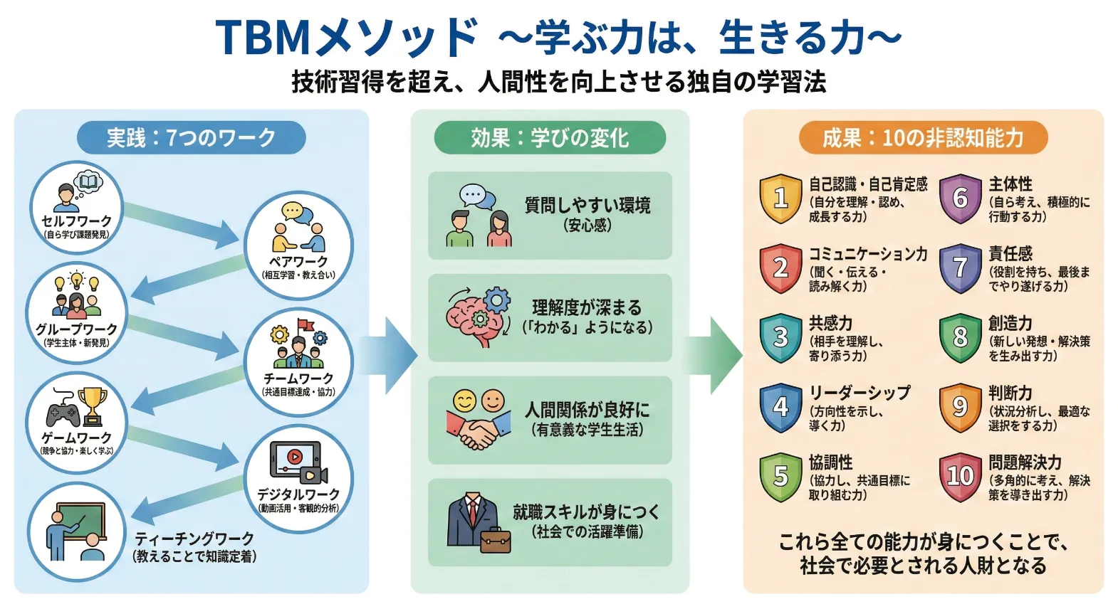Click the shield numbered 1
click(x=780, y=198)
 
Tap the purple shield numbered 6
click(x=960, y=198)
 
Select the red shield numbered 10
click(x=960, y=476)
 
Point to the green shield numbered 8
click(x=960, y=337)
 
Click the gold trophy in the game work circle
click(x=92, y=404)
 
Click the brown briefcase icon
click(x=496, y=541)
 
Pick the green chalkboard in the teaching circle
click(x=80, y=522)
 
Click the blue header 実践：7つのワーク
click(x=191, y=137)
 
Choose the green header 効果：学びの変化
click(x=550, y=137)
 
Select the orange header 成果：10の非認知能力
click(x=923, y=137)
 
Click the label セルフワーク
click(x=76, y=221)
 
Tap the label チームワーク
click(x=298, y=378)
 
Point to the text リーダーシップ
click(x=860, y=393)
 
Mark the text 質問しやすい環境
click(x=587, y=206)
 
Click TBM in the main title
click(x=263, y=37)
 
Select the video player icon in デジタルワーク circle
click(x=294, y=458)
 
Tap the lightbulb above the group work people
click(x=76, y=279)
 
